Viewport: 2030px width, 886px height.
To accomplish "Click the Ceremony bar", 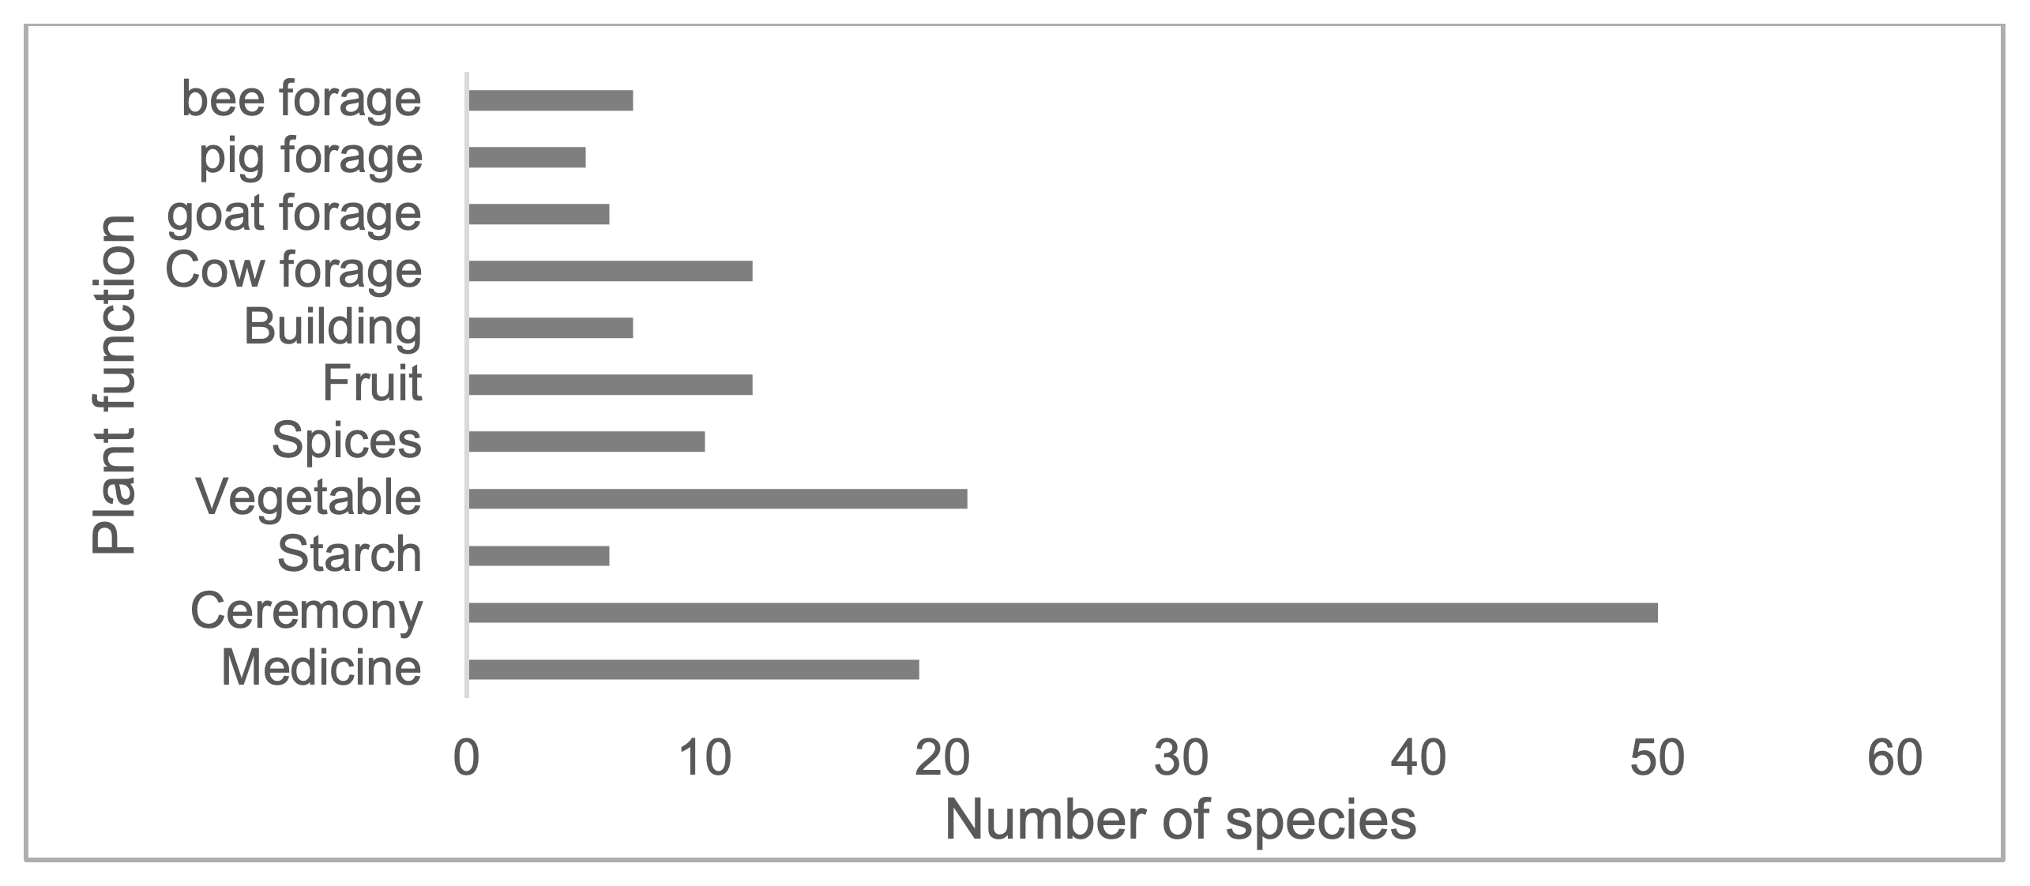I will tap(1062, 612).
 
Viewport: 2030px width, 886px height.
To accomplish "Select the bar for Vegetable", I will tap(717, 498).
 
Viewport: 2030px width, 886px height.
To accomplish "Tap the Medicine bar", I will tap(694, 669).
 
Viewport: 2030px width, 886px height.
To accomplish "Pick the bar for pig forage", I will tap(527, 157).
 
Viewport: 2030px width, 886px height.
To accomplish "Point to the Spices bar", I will tap(586, 441).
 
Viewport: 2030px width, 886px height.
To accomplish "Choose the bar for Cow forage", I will tap(610, 271).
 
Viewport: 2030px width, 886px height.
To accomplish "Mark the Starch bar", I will tap(539, 555).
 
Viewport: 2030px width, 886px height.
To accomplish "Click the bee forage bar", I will tap(551, 100).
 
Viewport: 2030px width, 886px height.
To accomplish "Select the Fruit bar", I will tap(610, 385).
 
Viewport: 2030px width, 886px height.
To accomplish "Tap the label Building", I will tap(333, 327).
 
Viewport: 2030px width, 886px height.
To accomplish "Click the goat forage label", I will tap(294, 213).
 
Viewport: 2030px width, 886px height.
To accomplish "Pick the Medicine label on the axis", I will tap(321, 668).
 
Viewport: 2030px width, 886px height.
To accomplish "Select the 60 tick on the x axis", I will tap(1894, 758).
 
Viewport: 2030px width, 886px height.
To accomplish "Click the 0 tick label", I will tap(467, 758).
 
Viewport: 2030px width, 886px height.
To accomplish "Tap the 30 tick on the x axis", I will tap(1181, 758).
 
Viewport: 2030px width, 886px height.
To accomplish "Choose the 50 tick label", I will tap(1656, 758).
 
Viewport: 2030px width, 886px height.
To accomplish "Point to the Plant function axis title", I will tap(113, 385).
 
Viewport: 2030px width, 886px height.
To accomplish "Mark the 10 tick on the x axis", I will tap(705, 758).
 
